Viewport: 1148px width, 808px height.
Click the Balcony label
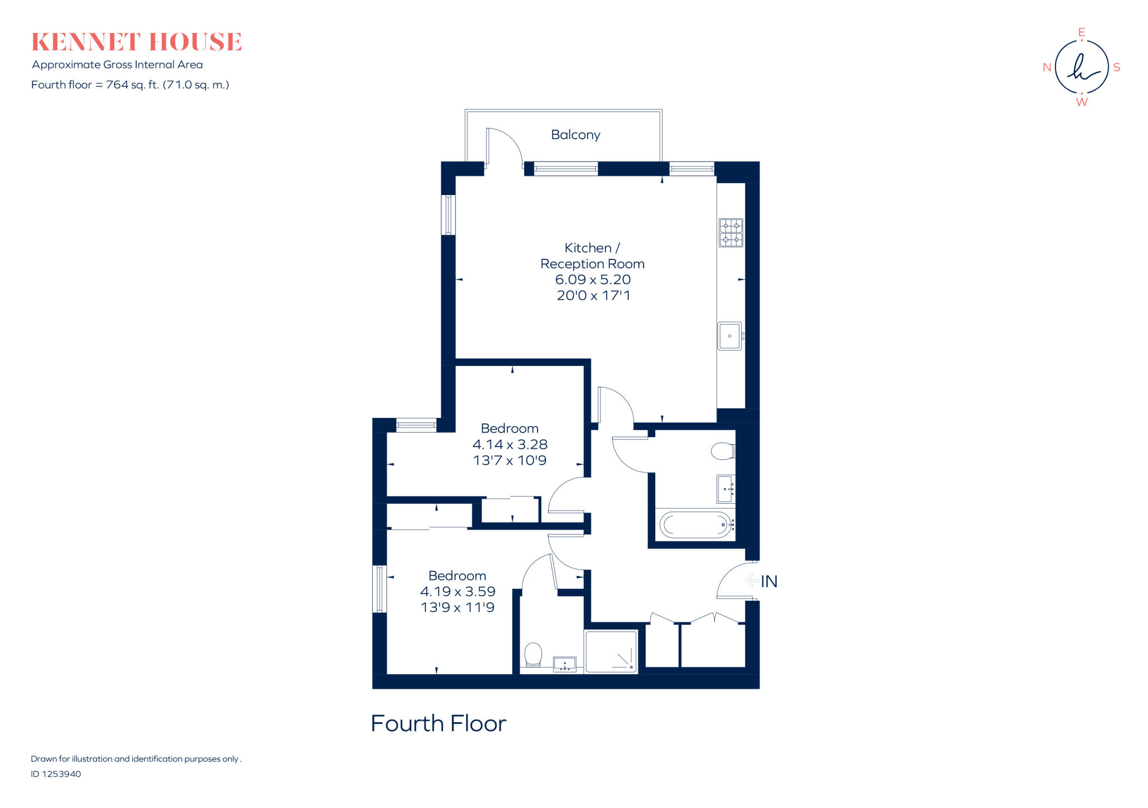(x=575, y=135)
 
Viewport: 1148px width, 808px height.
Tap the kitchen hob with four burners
(x=731, y=233)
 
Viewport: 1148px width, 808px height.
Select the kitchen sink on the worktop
(x=729, y=336)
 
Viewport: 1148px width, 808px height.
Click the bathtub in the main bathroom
(x=696, y=525)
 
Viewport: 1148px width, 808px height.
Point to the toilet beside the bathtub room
(x=723, y=451)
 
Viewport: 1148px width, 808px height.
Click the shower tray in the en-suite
(x=611, y=652)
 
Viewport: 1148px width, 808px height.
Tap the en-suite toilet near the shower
(x=533, y=654)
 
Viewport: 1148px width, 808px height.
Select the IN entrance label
(x=769, y=582)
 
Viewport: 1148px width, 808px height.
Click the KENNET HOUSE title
(x=136, y=42)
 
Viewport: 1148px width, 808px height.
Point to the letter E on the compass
(x=1082, y=32)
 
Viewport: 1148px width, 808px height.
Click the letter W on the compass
(x=1082, y=102)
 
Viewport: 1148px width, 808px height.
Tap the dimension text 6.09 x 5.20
(x=592, y=280)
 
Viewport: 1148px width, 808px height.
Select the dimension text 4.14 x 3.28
(x=510, y=444)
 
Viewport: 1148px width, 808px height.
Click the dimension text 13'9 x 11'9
(x=457, y=607)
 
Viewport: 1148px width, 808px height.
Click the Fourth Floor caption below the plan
(x=438, y=723)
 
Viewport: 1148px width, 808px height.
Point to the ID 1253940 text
(x=56, y=774)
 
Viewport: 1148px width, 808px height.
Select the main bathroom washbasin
(x=726, y=489)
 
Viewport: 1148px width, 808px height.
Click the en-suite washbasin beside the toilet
(x=564, y=665)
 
